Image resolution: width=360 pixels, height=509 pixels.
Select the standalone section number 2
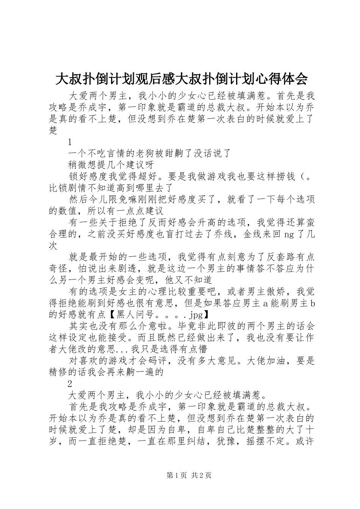[x=70, y=384]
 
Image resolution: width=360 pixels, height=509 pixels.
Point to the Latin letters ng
[x=289, y=234]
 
